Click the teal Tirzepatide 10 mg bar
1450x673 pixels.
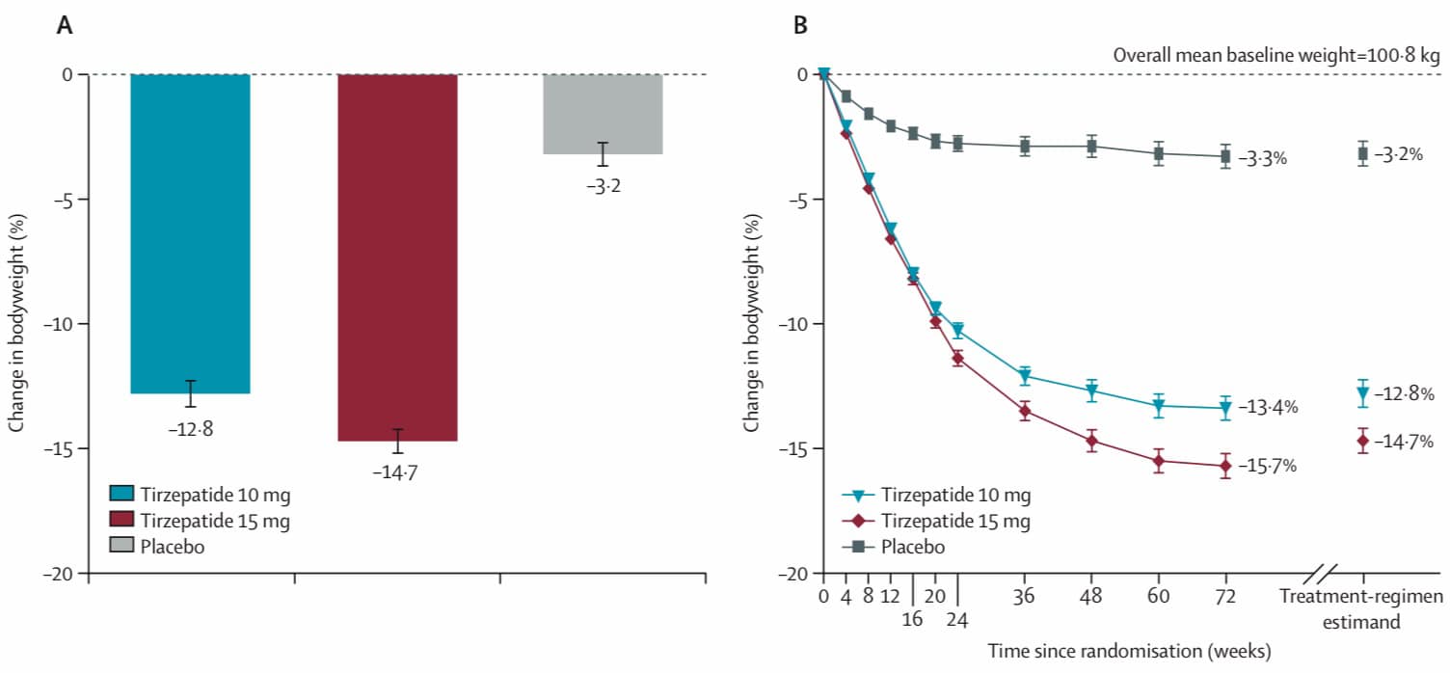point(190,233)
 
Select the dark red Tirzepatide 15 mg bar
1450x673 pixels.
point(397,257)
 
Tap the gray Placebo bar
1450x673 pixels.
point(603,114)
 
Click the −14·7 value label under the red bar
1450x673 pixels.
point(395,472)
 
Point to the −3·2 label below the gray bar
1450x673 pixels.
point(604,186)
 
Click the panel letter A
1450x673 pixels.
point(64,25)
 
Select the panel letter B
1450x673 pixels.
point(800,25)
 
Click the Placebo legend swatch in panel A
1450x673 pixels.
point(121,546)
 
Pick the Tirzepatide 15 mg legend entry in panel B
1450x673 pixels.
point(936,521)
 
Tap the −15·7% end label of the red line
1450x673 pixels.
point(1268,466)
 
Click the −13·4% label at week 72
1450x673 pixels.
point(1268,407)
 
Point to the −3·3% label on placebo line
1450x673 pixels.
point(1262,158)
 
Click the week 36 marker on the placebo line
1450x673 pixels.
point(1025,147)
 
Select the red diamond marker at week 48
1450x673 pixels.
point(1092,442)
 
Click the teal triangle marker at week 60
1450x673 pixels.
point(1159,406)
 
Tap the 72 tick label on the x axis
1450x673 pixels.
point(1225,596)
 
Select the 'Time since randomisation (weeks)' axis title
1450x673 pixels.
point(1129,651)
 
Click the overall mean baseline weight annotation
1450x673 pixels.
point(1276,55)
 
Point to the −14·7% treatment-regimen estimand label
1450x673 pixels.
point(1404,442)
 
